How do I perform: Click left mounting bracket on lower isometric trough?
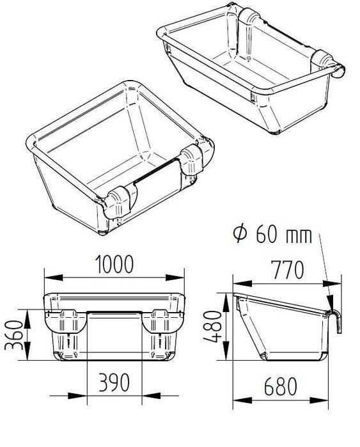(x=119, y=203)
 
